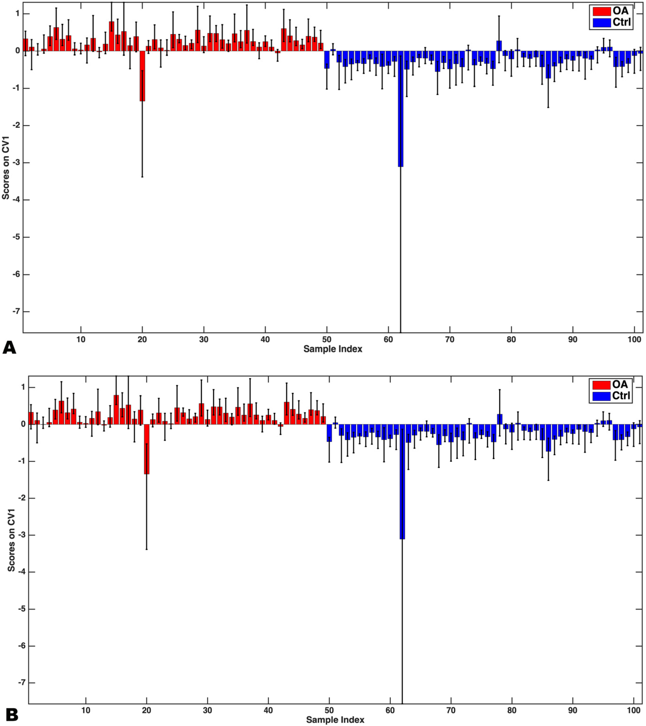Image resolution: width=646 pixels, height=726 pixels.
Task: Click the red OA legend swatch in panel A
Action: tap(601, 11)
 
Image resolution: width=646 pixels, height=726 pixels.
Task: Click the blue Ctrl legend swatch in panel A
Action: tap(601, 23)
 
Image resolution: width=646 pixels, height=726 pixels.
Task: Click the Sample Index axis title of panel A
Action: tap(333, 349)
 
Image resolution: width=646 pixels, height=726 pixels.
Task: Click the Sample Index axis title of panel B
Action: tap(335, 720)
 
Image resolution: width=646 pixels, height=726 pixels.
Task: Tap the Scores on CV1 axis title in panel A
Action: tap(6, 168)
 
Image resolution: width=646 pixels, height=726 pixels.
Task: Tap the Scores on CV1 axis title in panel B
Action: tap(11, 540)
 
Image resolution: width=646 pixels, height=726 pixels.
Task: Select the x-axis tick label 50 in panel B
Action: tap(329, 710)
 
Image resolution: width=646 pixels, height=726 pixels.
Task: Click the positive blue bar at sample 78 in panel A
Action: tap(499, 46)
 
